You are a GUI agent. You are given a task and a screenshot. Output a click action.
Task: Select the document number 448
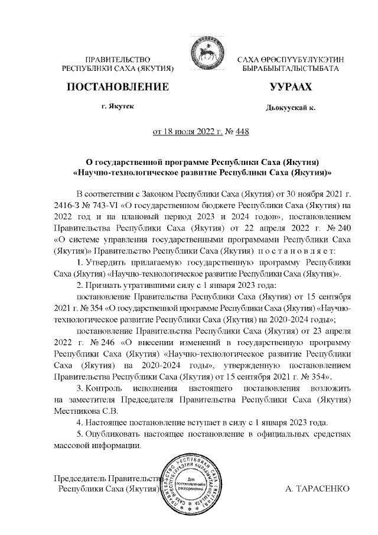[242, 131]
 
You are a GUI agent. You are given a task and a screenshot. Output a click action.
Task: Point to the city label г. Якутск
[118, 106]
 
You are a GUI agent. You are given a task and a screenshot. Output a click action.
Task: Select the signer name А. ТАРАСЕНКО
[317, 489]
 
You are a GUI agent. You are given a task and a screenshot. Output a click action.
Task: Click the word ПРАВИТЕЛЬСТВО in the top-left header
[118, 60]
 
